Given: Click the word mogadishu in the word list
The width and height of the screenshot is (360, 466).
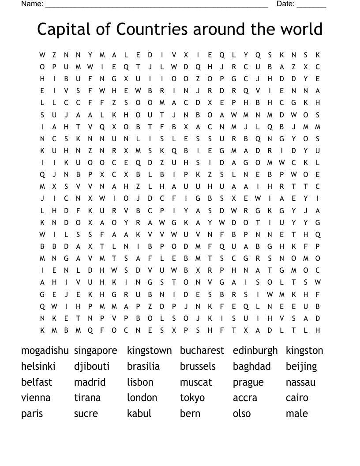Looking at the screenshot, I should click(45, 351).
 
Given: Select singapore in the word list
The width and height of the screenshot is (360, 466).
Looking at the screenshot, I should click(95, 351).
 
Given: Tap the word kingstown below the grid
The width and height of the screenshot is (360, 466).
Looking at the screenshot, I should click(149, 351).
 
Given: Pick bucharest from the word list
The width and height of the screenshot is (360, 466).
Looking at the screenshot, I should click(202, 351).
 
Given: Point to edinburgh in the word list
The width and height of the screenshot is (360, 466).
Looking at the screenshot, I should click(255, 351).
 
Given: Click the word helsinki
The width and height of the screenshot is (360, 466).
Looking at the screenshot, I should click(38, 366).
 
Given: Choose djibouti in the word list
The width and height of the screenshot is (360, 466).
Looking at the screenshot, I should click(91, 367).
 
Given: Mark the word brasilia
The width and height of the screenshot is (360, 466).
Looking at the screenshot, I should click(143, 366).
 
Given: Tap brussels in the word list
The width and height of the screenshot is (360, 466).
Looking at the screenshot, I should click(198, 366).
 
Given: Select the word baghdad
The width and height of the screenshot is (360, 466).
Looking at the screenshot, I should click(251, 367).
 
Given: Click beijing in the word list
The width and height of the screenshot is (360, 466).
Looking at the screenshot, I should click(301, 367).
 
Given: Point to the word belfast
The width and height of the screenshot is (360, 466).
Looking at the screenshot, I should click(36, 382).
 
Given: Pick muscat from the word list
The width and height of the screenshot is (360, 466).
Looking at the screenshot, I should click(195, 382).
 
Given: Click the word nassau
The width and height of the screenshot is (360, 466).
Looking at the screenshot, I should click(300, 382).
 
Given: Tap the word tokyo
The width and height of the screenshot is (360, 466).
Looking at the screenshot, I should click(192, 398).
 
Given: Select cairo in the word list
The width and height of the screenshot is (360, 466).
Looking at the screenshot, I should click(296, 398).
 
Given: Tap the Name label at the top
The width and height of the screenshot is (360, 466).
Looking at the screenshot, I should click(32, 4).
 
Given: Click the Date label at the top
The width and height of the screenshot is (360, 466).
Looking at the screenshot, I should click(285, 4).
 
